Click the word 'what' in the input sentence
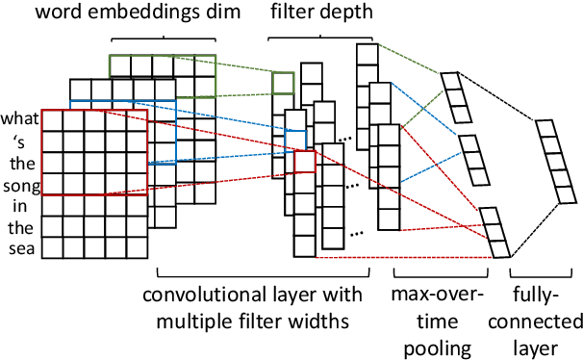[19, 119]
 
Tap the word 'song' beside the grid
[19, 184]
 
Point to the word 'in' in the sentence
[19, 206]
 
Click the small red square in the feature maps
[305, 161]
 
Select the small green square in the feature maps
[283, 85]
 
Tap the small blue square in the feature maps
[293, 139]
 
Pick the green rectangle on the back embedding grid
[162, 65]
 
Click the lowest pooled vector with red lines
[495, 233]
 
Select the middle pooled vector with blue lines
[471, 160]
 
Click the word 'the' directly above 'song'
[19, 163]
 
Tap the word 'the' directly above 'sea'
[19, 228]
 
